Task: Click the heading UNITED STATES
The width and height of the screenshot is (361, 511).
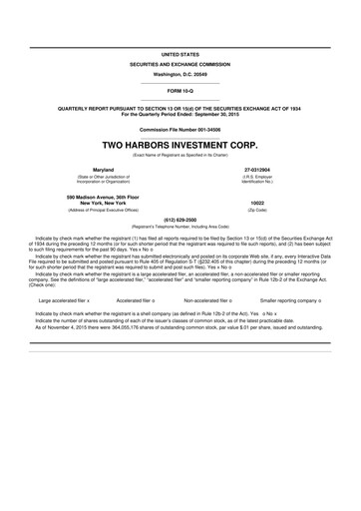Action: tap(180, 52)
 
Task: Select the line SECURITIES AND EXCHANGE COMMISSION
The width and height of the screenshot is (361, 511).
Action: tap(180, 63)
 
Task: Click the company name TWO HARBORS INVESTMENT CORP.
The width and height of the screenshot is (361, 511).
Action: tap(180, 143)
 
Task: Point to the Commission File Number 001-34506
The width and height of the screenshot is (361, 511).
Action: tap(180, 129)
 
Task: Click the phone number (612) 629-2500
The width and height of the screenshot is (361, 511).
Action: tap(180, 219)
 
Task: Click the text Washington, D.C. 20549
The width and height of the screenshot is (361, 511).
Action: tap(180, 75)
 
